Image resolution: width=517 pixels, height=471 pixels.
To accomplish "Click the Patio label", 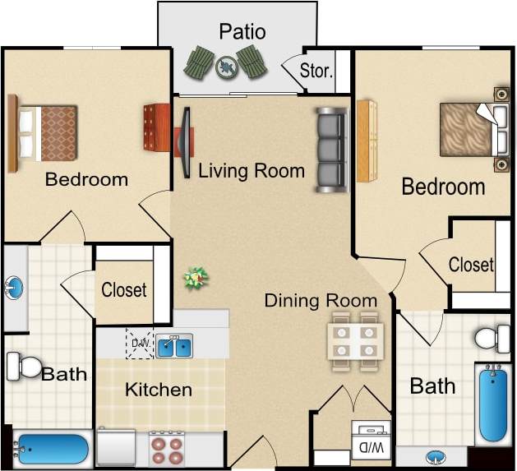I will [x=242, y=32].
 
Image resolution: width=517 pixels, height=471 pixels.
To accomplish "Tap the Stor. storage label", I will [x=316, y=71].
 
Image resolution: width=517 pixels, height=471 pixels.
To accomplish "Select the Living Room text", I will [x=252, y=171].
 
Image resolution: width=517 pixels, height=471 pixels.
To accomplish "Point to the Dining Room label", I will [x=321, y=300].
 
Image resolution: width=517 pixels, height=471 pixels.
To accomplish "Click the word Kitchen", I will [x=159, y=390].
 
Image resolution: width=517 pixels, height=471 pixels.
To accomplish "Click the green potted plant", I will [x=196, y=278].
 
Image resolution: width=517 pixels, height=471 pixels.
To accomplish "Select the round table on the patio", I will [x=225, y=66].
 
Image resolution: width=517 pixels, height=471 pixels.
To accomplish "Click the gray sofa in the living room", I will [x=330, y=150].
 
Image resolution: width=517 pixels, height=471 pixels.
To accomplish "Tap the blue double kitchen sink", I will [x=174, y=346].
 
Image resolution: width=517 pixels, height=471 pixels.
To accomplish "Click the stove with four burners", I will [x=168, y=449].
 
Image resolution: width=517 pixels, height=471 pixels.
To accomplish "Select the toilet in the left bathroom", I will [x=24, y=366].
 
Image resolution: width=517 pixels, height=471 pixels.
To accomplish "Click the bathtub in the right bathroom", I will [x=492, y=404].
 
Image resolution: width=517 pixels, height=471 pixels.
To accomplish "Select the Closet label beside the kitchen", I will [x=124, y=290].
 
